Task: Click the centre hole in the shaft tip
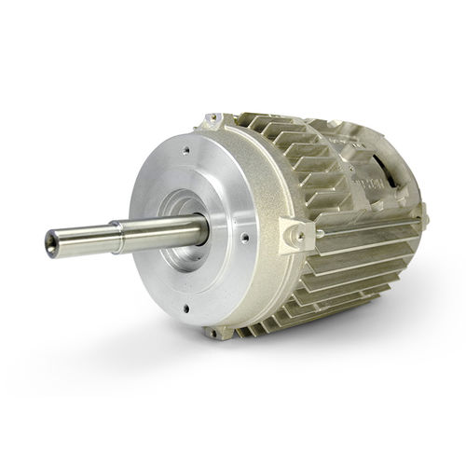pos(50,244)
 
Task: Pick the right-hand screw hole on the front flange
pos(244,238)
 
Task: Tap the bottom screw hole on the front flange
pos(185,305)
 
